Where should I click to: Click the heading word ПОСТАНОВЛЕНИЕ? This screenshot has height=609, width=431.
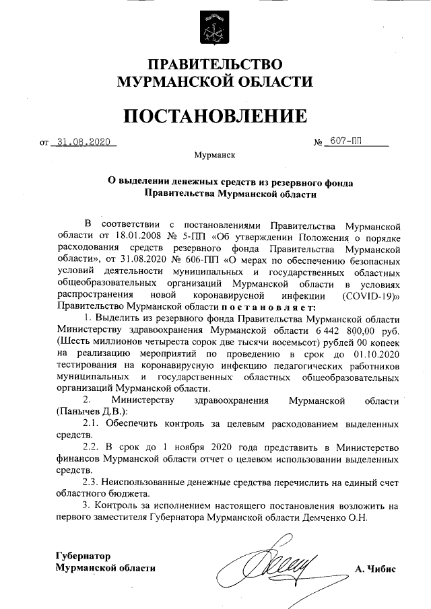[215, 116]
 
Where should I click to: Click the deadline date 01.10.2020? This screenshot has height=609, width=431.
[376, 355]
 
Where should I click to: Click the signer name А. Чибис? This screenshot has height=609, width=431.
[375, 568]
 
